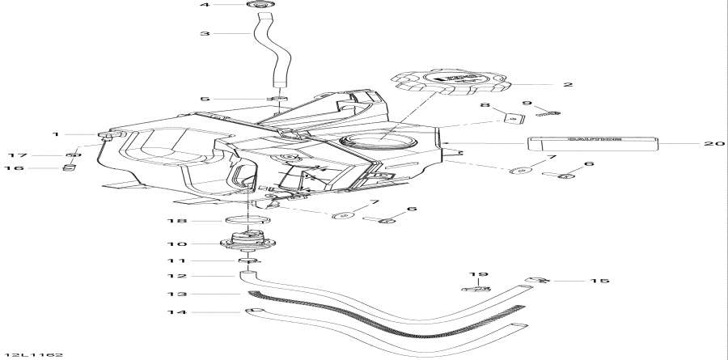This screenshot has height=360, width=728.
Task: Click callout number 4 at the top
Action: click(205, 6)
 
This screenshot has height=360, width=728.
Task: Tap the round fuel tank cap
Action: click(451, 82)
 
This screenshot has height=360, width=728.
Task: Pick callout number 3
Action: click(205, 34)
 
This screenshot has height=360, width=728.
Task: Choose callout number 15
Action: click(600, 281)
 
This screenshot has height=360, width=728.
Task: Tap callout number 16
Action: click(14, 168)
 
